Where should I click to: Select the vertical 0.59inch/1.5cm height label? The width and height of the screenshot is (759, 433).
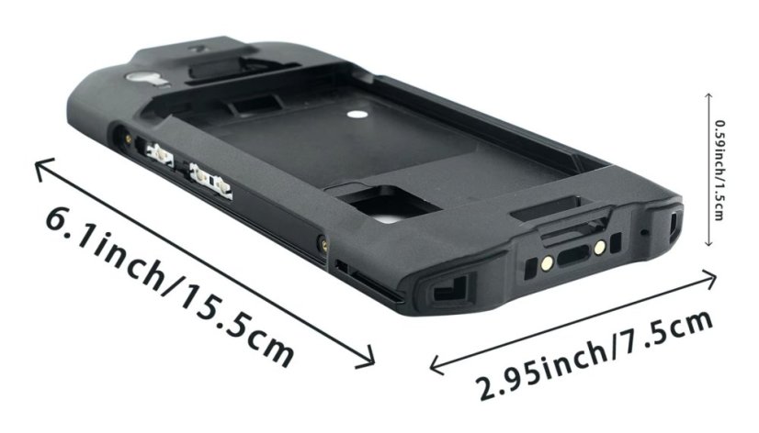tap(719, 170)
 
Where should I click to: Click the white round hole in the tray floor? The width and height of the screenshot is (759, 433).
tap(357, 115)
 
